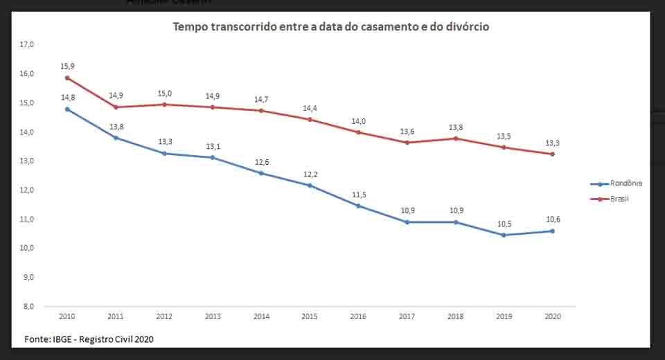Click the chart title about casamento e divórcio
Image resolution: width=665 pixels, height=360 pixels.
[x=331, y=27]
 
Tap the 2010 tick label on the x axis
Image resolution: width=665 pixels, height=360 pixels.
[x=67, y=316]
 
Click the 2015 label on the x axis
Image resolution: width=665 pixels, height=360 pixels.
[x=310, y=316]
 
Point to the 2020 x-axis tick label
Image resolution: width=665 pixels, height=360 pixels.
[x=552, y=316]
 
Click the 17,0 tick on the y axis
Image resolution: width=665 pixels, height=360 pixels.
[x=27, y=44]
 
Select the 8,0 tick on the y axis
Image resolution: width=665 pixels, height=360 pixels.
[x=27, y=306]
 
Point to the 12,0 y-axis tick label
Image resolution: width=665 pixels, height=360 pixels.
[x=27, y=190]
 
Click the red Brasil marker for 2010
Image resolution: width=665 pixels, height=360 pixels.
[x=67, y=78]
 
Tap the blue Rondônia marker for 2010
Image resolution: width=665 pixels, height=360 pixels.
[x=67, y=109]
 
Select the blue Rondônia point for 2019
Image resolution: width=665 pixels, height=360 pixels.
[x=504, y=235]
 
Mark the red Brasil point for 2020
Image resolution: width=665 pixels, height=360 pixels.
[x=552, y=154]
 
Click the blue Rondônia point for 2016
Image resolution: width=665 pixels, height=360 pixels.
[x=358, y=206]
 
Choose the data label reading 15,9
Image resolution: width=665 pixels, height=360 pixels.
[x=67, y=66]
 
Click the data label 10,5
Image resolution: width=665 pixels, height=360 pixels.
[x=504, y=224]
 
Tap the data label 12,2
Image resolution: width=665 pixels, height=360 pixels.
[x=310, y=174]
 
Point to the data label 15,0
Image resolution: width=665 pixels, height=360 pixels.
[x=165, y=93]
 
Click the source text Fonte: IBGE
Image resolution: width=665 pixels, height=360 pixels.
[x=89, y=339]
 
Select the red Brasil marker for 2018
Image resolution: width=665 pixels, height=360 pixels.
[x=455, y=138]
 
